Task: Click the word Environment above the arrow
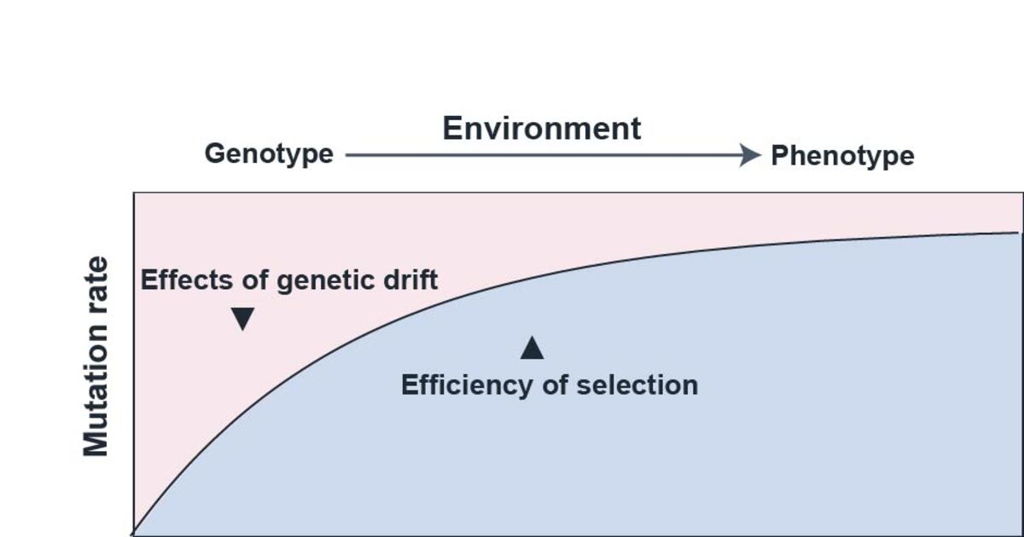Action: (x=541, y=129)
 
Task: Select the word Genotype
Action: (x=269, y=154)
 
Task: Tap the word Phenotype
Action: (x=842, y=156)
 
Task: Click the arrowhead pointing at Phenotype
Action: (x=751, y=154)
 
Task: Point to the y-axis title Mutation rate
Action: (x=96, y=356)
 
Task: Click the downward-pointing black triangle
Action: (x=243, y=319)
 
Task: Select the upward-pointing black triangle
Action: (x=532, y=348)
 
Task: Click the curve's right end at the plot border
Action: (x=1020, y=232)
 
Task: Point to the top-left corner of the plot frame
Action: (x=134, y=193)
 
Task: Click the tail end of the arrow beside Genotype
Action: (x=347, y=155)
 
